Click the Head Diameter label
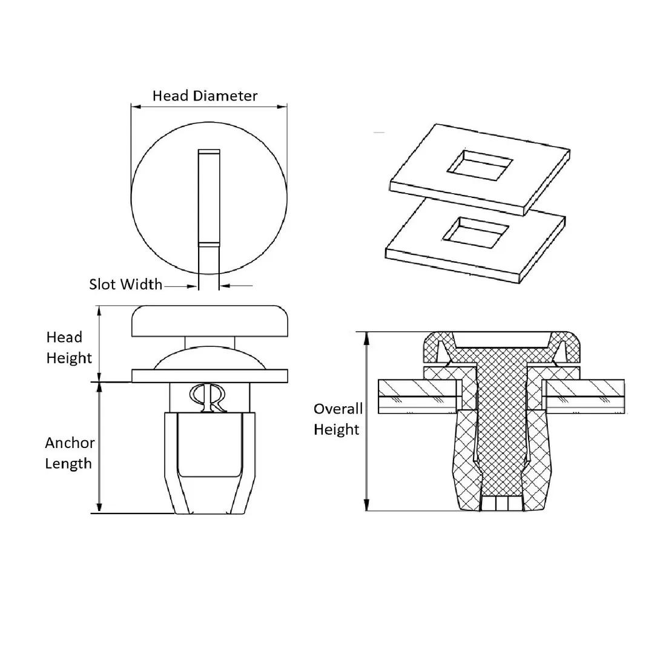(205, 96)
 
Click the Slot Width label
(126, 284)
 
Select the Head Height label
(69, 348)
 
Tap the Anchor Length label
(70, 453)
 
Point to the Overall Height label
(338, 419)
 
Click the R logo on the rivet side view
(208, 398)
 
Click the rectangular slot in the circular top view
(209, 197)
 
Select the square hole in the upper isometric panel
(480, 163)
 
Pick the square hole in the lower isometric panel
(476, 232)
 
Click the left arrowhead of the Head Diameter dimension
(136, 107)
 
